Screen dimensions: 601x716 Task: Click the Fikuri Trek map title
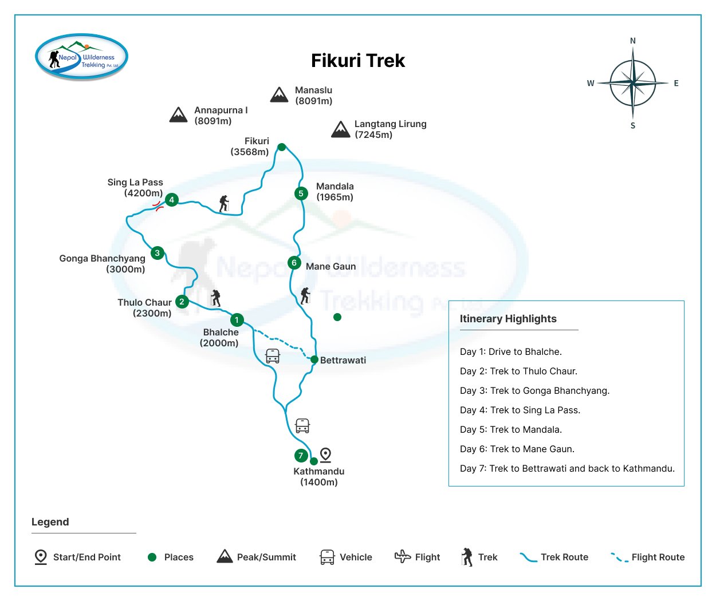(358, 61)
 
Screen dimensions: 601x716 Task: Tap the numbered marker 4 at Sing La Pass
(171, 200)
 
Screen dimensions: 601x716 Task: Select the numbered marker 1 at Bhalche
(237, 320)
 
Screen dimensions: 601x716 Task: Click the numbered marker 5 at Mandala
(301, 193)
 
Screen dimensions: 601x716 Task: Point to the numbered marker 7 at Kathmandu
(301, 456)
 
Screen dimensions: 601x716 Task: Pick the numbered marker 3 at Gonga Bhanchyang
(158, 252)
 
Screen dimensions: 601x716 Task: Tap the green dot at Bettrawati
(314, 359)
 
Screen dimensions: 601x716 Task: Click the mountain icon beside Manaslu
(279, 95)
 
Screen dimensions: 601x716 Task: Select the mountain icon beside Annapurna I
(178, 115)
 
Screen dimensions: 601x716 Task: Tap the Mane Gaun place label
(331, 266)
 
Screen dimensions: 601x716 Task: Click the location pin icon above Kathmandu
(325, 454)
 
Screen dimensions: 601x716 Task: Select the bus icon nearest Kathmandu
(302, 426)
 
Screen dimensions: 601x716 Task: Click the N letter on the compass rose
(633, 41)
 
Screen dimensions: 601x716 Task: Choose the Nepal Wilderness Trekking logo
(82, 57)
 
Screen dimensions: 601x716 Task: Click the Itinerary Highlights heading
(508, 319)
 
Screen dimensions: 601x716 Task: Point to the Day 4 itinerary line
(520, 410)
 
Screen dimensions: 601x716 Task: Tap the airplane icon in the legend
(403, 556)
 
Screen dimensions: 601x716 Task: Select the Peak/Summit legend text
(266, 557)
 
